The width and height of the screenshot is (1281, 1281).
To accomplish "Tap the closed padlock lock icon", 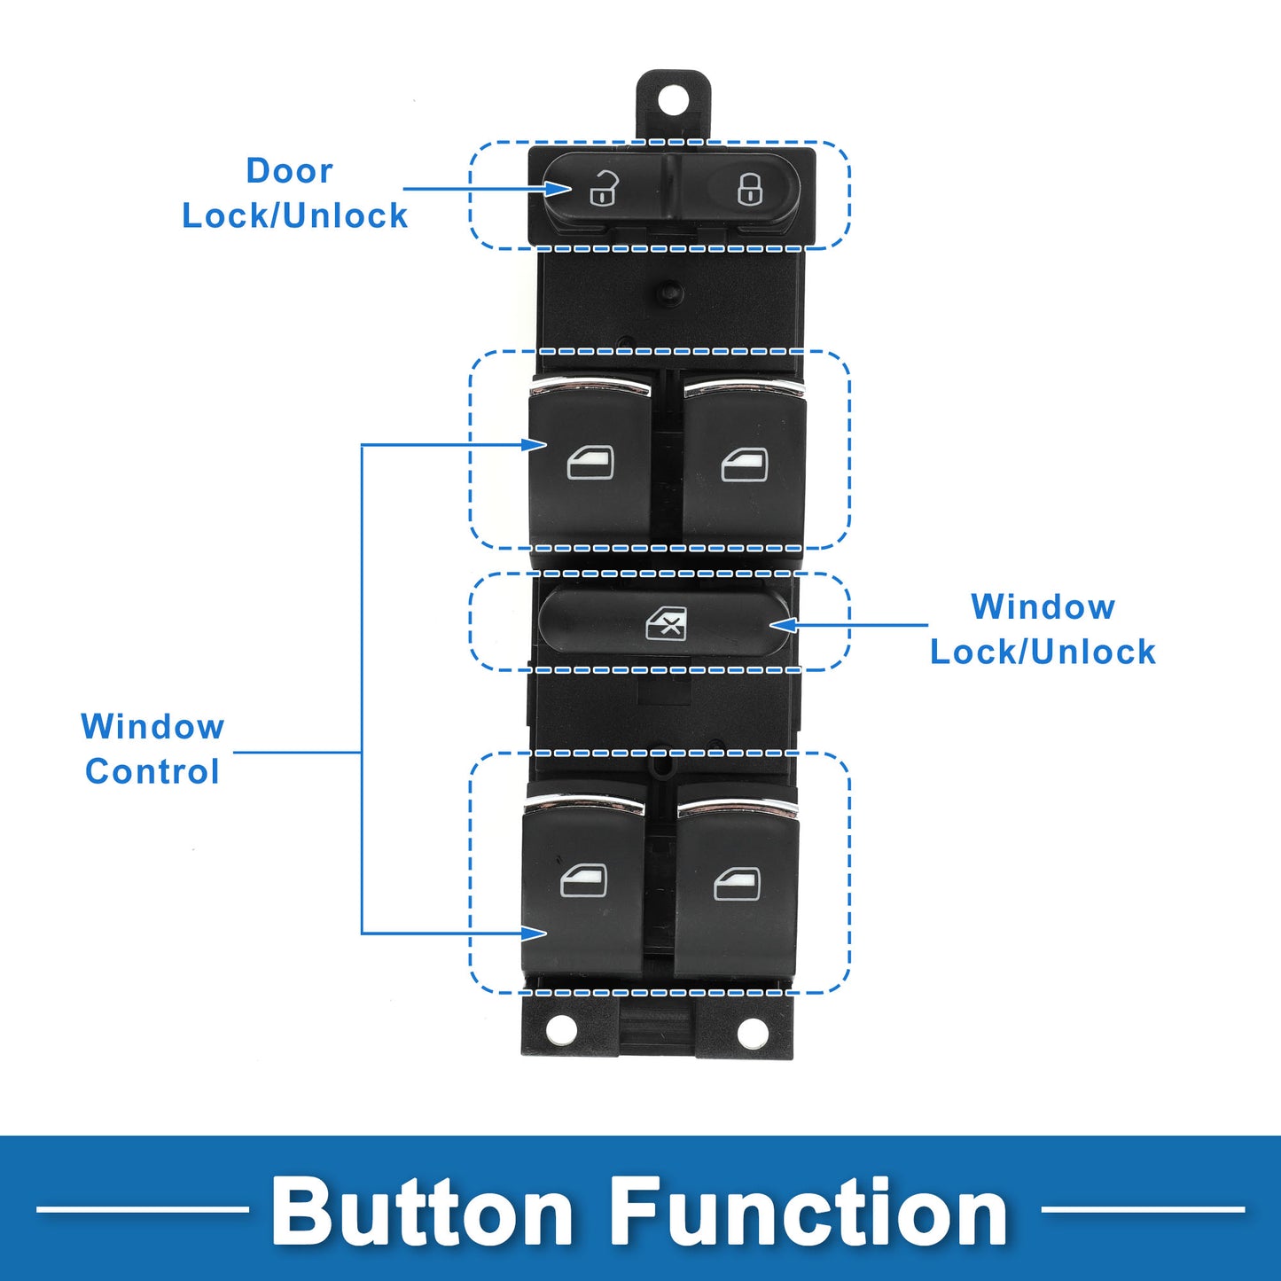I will pos(750,188).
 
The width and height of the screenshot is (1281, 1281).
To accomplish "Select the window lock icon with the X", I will pos(666,623).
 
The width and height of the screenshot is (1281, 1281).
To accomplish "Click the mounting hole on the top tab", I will pos(673,98).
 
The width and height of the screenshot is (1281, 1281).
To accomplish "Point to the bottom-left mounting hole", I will pos(561,1030).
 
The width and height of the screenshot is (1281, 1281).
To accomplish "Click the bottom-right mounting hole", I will pos(753,1032).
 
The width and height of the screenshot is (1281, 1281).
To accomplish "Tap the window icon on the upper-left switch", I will pos(590,462).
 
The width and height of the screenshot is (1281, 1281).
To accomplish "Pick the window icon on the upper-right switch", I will pos(745,465).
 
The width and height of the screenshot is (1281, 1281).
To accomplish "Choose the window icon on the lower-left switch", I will pos(584,880).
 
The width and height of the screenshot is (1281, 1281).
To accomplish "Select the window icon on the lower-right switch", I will pos(738,884).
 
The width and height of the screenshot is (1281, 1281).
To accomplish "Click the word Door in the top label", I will pos(289,170).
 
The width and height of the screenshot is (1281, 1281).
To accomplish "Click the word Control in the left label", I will pos(152,771).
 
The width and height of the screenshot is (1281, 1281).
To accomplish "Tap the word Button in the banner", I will pos(422,1212).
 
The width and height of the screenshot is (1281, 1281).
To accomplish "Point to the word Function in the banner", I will pos(808,1212).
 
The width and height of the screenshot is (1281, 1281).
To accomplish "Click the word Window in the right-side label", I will pos(1043,607).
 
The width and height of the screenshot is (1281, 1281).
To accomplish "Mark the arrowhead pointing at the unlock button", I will pos(559,188).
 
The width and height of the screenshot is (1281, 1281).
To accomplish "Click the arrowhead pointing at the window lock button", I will pos(783,625).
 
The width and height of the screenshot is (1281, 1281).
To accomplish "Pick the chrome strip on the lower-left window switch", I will pos(584,804).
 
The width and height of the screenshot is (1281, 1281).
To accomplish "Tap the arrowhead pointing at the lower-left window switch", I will pos(535,933).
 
